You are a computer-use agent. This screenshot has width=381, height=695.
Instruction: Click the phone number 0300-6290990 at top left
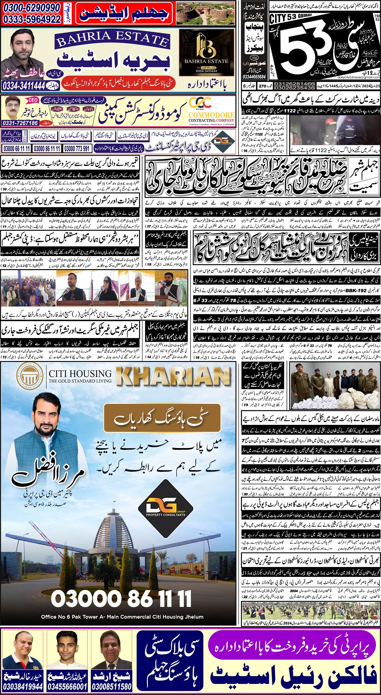tap(32, 8)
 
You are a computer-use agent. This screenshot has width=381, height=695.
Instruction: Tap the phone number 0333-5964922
tap(32, 19)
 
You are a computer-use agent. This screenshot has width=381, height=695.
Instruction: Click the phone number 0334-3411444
tap(24, 86)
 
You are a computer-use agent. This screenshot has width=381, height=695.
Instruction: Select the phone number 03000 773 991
tap(77, 149)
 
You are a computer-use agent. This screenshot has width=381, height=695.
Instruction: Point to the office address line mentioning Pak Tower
tap(122, 617)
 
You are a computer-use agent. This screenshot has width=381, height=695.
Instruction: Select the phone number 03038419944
tap(23, 687)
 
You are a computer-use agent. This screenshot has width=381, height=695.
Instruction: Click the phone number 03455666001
tap(67, 687)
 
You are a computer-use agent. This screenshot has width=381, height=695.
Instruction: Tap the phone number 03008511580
tap(112, 687)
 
